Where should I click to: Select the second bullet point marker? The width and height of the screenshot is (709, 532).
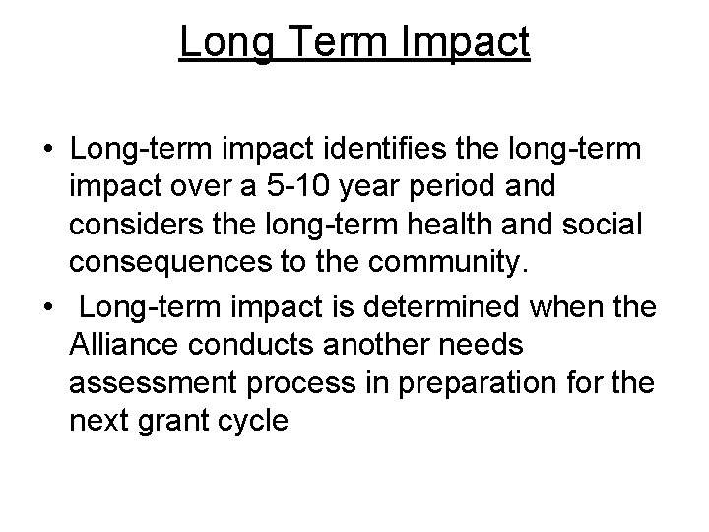46,306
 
